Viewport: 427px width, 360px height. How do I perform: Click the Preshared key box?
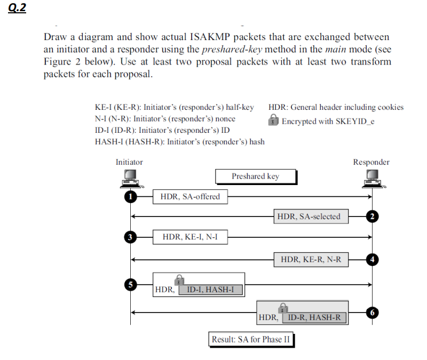coord(255,177)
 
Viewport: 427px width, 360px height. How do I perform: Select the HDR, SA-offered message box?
coord(190,196)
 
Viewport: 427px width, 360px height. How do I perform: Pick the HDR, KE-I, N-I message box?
coord(190,237)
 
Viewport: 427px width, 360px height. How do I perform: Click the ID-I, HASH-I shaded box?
coord(214,290)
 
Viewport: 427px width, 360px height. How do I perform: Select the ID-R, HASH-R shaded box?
coord(314,318)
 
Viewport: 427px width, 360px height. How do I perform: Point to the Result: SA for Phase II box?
coord(251,340)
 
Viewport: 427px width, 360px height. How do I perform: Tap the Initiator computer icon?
coord(131,178)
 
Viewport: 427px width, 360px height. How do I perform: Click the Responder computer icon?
coord(372,178)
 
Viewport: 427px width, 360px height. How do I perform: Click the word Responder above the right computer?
coord(371,162)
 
